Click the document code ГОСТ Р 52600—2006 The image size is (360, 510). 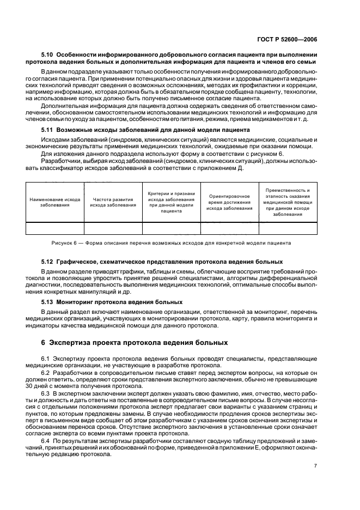307,39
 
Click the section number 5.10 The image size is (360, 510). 48,56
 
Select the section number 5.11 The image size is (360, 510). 48,130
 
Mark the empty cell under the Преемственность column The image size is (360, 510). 288,228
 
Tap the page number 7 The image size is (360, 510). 315,465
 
